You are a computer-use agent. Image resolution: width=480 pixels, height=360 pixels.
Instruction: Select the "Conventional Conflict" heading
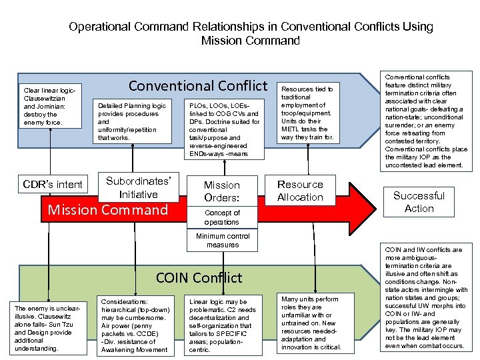(198, 86)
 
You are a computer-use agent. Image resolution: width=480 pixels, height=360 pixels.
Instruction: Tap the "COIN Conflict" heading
(199, 277)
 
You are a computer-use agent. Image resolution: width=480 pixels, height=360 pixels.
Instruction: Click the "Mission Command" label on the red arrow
(108, 210)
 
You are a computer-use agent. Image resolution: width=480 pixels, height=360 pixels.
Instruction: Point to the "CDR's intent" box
(53, 185)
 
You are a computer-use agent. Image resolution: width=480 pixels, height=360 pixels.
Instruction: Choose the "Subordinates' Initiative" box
(139, 187)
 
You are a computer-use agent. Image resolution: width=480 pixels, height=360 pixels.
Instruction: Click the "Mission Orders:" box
(221, 191)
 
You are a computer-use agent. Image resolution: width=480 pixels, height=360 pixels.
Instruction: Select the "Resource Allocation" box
(300, 191)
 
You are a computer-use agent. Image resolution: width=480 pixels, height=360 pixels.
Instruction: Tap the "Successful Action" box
(419, 202)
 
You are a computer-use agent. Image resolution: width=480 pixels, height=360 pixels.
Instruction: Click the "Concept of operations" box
(221, 217)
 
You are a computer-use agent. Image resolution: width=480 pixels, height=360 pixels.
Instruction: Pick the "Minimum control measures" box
(222, 240)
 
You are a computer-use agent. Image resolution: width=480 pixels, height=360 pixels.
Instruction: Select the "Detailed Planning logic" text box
(132, 121)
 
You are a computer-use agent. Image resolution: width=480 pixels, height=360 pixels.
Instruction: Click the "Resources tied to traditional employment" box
(307, 113)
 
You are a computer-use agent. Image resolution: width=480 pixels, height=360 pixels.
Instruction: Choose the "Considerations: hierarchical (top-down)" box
(134, 326)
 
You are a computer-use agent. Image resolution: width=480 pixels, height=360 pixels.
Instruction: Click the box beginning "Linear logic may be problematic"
(223, 326)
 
